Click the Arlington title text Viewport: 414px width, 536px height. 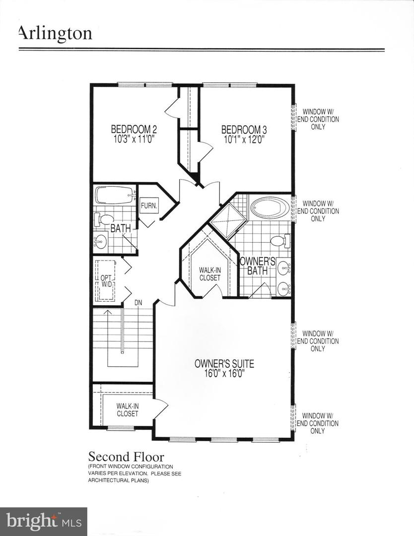click(x=55, y=33)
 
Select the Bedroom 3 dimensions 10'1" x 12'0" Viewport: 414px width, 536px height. click(x=243, y=139)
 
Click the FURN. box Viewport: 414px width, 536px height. click(x=148, y=205)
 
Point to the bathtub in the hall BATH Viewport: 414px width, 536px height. click(x=114, y=195)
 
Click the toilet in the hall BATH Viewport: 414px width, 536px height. click(x=106, y=219)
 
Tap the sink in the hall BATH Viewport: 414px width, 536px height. click(x=101, y=242)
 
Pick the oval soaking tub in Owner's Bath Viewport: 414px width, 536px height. click(x=269, y=207)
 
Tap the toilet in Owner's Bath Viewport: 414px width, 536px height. click(x=278, y=241)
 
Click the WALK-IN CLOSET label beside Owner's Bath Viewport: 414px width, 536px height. click(x=209, y=274)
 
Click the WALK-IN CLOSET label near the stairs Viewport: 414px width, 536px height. click(x=128, y=410)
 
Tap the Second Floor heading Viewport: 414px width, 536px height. click(x=126, y=457)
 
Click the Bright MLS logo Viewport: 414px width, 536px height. click(x=43, y=521)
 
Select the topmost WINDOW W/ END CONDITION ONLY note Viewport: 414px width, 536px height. click(x=318, y=120)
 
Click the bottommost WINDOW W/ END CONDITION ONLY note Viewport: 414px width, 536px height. click(x=318, y=423)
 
